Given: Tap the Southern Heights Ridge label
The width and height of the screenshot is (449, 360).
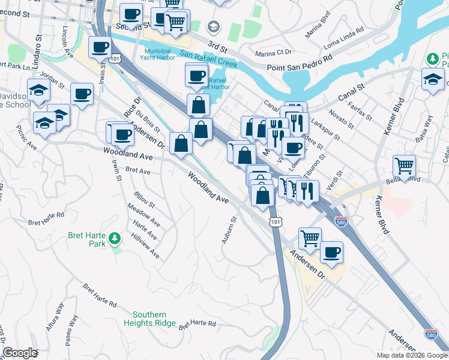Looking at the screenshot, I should point(154,319).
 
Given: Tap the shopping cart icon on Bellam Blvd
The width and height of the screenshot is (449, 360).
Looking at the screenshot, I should point(405,165).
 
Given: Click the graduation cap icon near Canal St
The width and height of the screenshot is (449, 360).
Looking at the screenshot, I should point(433,79).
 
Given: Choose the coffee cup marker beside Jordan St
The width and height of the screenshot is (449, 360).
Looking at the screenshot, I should point(82,94).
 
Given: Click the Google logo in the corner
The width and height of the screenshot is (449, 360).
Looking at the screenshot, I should point(20,353).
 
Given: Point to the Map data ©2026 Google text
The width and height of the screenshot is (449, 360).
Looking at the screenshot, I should point(412,355).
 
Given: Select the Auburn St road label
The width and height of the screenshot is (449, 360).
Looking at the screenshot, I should point(230,230).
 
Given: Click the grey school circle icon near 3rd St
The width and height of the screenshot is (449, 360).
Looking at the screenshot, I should point(212,26).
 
